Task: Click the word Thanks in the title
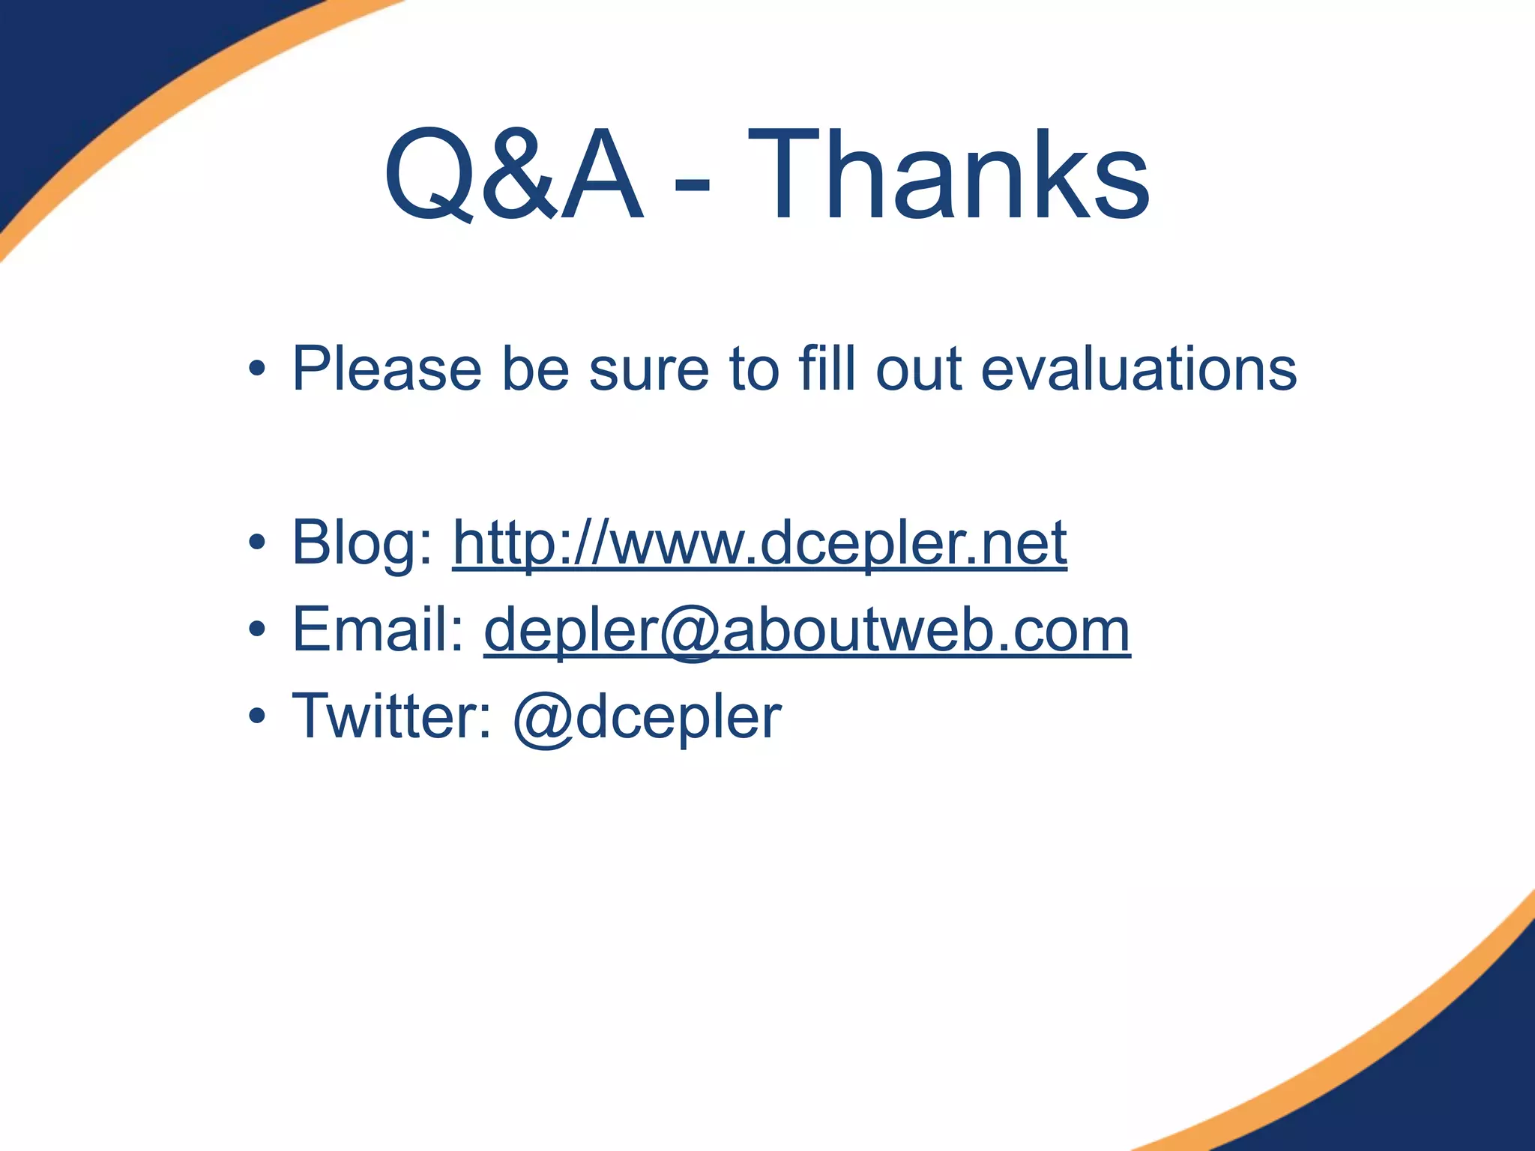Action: (948, 175)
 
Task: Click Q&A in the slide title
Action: (513, 177)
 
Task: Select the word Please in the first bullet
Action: (387, 369)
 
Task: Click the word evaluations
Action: (1139, 369)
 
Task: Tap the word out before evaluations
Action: (919, 369)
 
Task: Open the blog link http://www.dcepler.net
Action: (760, 543)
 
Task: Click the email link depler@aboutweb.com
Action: (807, 630)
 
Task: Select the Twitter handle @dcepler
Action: (648, 718)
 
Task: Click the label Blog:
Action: (363, 544)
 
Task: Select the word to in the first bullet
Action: (753, 369)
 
